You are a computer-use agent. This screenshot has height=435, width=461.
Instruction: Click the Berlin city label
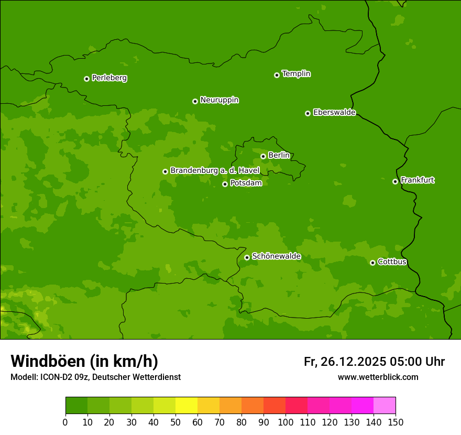[279, 155]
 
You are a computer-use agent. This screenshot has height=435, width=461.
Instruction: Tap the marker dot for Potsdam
[225, 184]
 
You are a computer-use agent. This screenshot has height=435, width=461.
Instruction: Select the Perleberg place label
[109, 78]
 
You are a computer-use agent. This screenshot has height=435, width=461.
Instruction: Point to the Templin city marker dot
[277, 75]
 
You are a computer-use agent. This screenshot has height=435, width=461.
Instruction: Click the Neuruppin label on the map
[219, 100]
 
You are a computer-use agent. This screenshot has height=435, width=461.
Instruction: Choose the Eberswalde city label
[334, 112]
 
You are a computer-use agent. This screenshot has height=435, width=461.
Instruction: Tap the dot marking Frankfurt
[395, 181]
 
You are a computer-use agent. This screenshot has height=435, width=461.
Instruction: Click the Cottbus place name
[392, 262]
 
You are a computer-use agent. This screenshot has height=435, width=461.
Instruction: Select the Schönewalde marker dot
[247, 257]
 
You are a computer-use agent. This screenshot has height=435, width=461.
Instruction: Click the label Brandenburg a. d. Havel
[215, 170]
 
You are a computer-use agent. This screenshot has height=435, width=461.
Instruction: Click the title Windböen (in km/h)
[84, 361]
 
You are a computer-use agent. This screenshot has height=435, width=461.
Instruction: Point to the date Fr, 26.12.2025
[345, 362]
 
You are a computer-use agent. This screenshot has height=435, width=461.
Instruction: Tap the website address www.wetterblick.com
[378, 377]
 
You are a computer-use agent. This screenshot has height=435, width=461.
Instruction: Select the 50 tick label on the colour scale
[175, 422]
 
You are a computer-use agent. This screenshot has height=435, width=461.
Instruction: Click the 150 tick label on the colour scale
[396, 422]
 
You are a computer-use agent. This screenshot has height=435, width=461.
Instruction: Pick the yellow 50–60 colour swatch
[186, 406]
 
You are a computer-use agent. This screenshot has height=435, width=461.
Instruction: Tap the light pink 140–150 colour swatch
[385, 406]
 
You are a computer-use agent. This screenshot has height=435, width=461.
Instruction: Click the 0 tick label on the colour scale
[65, 422]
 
